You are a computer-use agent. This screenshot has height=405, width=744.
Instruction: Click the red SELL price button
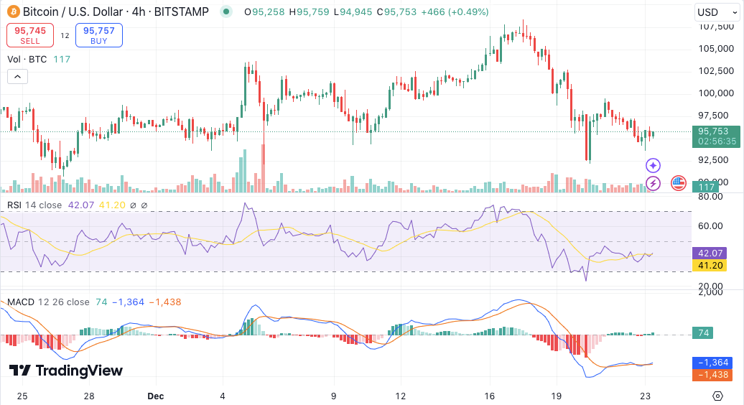(x=29, y=35)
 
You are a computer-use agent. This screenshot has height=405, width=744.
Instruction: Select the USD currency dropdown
(x=716, y=12)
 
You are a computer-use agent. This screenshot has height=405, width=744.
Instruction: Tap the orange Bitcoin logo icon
(x=12, y=12)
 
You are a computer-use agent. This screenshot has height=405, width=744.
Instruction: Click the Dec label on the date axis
(x=155, y=396)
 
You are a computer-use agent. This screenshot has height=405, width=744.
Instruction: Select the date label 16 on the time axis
(x=490, y=396)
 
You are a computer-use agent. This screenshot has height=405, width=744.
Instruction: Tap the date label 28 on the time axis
(x=89, y=396)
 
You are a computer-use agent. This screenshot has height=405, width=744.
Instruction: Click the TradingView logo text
(x=66, y=371)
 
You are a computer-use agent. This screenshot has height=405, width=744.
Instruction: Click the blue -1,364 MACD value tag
(x=710, y=363)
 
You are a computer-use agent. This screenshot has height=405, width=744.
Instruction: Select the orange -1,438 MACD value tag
(x=710, y=375)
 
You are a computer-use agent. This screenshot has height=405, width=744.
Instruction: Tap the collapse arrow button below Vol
(x=17, y=77)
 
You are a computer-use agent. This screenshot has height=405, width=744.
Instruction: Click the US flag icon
(x=679, y=183)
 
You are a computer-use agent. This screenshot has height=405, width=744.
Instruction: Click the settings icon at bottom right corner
(x=717, y=396)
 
